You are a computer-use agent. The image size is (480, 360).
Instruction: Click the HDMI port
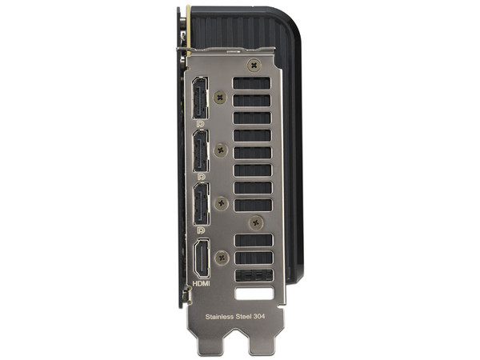tap(202, 258)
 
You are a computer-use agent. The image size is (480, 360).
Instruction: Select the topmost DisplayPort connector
tap(200, 98)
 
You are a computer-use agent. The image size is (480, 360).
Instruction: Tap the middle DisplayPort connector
tap(201, 150)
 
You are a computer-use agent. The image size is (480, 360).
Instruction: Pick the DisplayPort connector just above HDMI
tap(202, 204)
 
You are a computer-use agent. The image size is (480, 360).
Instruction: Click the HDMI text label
tap(201, 284)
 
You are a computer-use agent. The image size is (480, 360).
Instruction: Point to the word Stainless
tap(219, 317)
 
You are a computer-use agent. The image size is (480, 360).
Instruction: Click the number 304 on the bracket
tap(259, 316)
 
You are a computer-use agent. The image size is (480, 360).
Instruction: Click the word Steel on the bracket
tap(243, 317)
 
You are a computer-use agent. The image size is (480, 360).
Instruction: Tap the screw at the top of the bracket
tap(254, 66)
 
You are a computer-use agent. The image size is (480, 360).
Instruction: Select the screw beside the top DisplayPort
tap(220, 98)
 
